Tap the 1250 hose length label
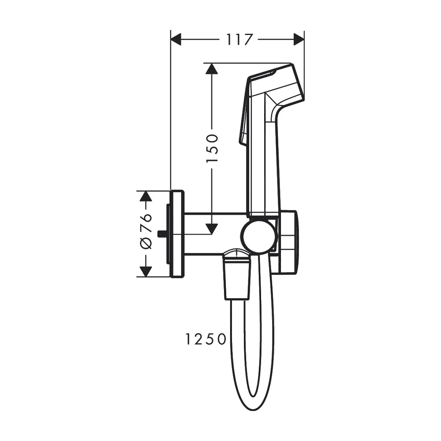coord(206,339)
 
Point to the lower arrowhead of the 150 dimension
coord(212,228)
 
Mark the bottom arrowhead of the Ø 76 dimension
coord(146,272)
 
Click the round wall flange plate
coord(177,234)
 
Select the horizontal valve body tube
coord(212,234)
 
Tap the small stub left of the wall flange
coord(164,234)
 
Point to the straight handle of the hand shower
coord(264,168)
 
